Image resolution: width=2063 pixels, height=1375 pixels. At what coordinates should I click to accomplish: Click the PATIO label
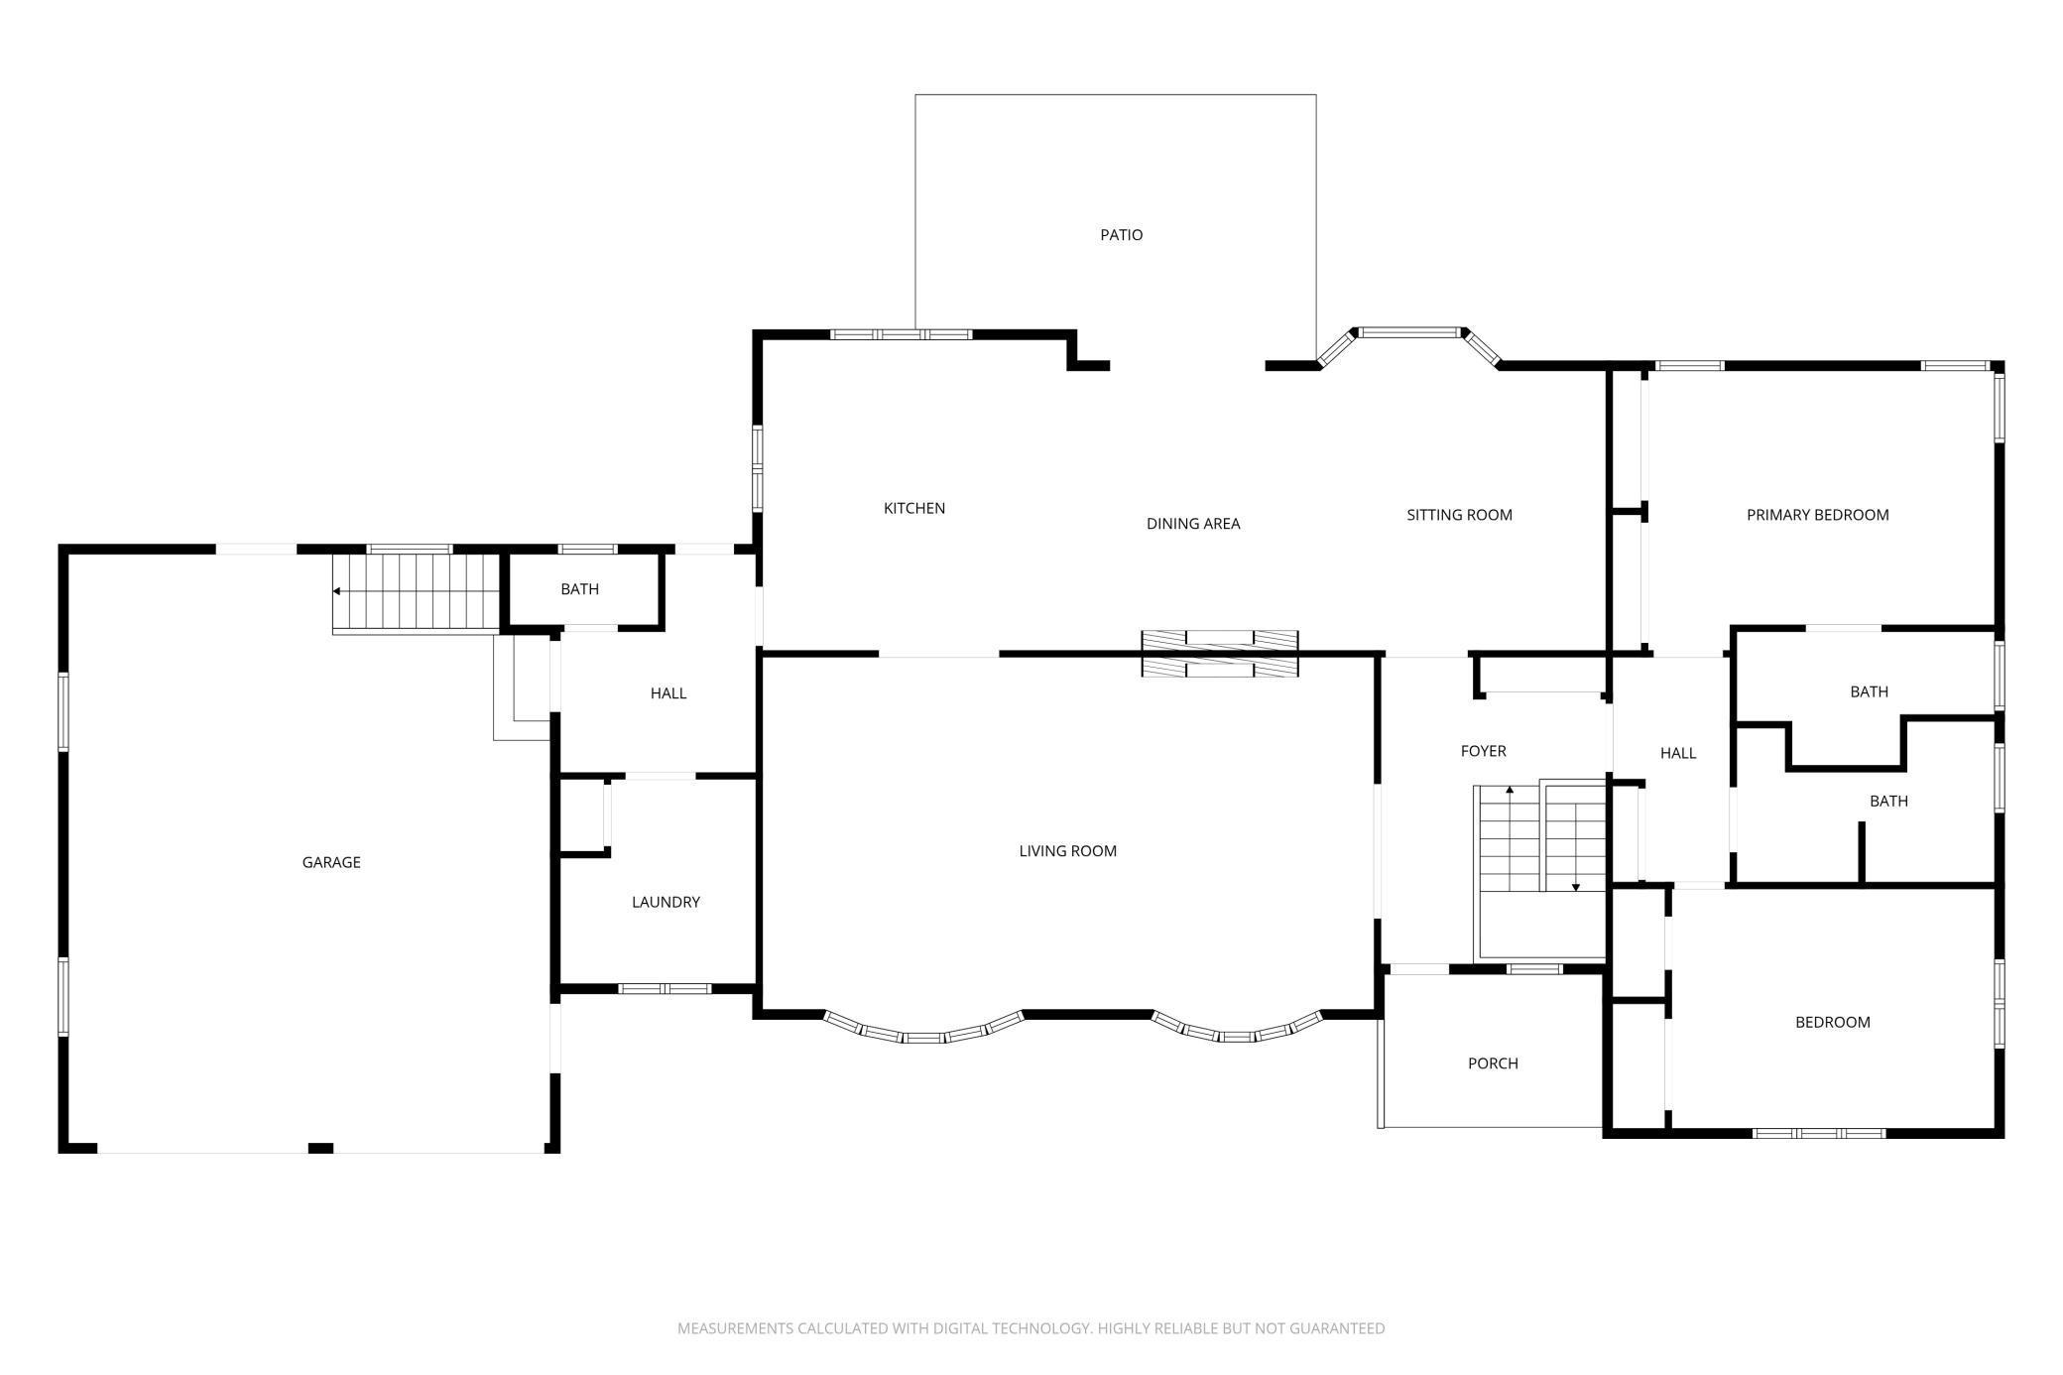pyautogui.click(x=1121, y=235)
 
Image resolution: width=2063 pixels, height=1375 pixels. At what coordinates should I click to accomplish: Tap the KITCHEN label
pyautogui.click(x=914, y=508)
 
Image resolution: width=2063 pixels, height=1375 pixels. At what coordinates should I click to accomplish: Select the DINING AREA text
pyautogui.click(x=1193, y=524)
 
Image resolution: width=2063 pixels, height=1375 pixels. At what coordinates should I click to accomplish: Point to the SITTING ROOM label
pyautogui.click(x=1459, y=515)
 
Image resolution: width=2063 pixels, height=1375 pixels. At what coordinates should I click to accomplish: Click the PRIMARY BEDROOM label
pyautogui.click(x=1817, y=515)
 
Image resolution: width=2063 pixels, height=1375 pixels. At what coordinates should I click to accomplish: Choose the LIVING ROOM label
pyautogui.click(x=1067, y=851)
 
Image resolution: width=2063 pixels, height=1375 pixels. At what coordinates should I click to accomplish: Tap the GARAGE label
pyautogui.click(x=331, y=863)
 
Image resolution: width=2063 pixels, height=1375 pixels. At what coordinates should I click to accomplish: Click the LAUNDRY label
pyautogui.click(x=666, y=903)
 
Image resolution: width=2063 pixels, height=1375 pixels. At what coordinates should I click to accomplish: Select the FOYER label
pyautogui.click(x=1483, y=752)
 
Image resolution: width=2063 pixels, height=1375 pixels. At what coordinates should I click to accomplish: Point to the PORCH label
pyautogui.click(x=1493, y=1063)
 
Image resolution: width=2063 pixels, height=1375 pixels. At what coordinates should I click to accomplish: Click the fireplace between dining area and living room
pyautogui.click(x=1220, y=654)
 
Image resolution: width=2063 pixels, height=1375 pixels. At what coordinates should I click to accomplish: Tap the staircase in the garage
pyautogui.click(x=416, y=592)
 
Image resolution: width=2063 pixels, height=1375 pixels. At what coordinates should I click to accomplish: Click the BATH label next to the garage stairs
pyautogui.click(x=579, y=589)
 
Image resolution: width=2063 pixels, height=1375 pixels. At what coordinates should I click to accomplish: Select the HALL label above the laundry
pyautogui.click(x=668, y=693)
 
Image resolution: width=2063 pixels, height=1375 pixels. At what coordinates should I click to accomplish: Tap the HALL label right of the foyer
pyautogui.click(x=1678, y=754)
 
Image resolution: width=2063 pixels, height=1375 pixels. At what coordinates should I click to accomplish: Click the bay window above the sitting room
pyautogui.click(x=1409, y=346)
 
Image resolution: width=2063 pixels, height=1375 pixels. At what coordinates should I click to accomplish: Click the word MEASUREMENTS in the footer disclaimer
pyautogui.click(x=735, y=1328)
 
